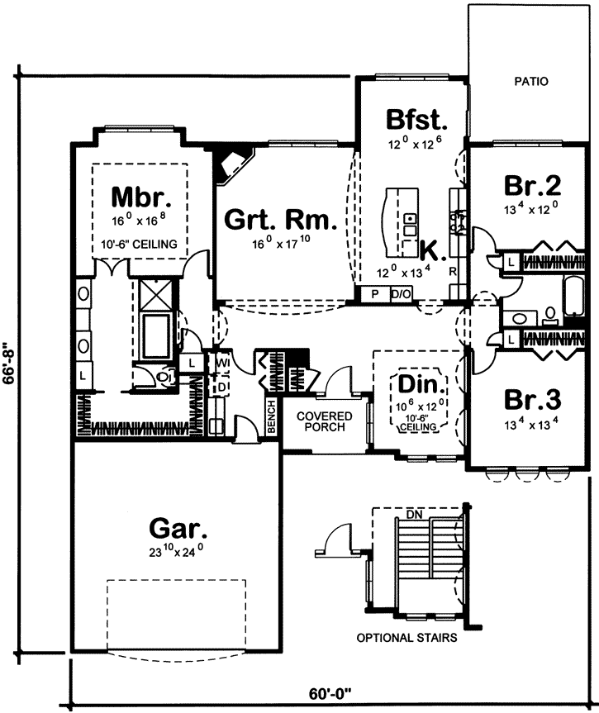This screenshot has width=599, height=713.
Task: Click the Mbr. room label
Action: pos(141,197)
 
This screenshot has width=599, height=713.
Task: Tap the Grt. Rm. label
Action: pos(280,221)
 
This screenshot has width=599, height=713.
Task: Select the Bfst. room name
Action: pos(416,120)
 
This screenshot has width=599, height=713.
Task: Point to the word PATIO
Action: pos(531,82)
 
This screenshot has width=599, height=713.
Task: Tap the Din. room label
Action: pos(422,385)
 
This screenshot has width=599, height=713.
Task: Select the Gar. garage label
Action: pos(178,526)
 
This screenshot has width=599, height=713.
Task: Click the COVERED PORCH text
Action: pos(326,421)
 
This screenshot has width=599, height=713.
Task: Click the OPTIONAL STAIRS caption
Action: pos(407,638)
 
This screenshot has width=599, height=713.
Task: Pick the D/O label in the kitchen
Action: pos(401,294)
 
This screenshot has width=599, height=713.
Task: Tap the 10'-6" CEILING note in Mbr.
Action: pos(140,245)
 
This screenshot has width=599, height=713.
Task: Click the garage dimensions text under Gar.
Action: pos(178,547)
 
